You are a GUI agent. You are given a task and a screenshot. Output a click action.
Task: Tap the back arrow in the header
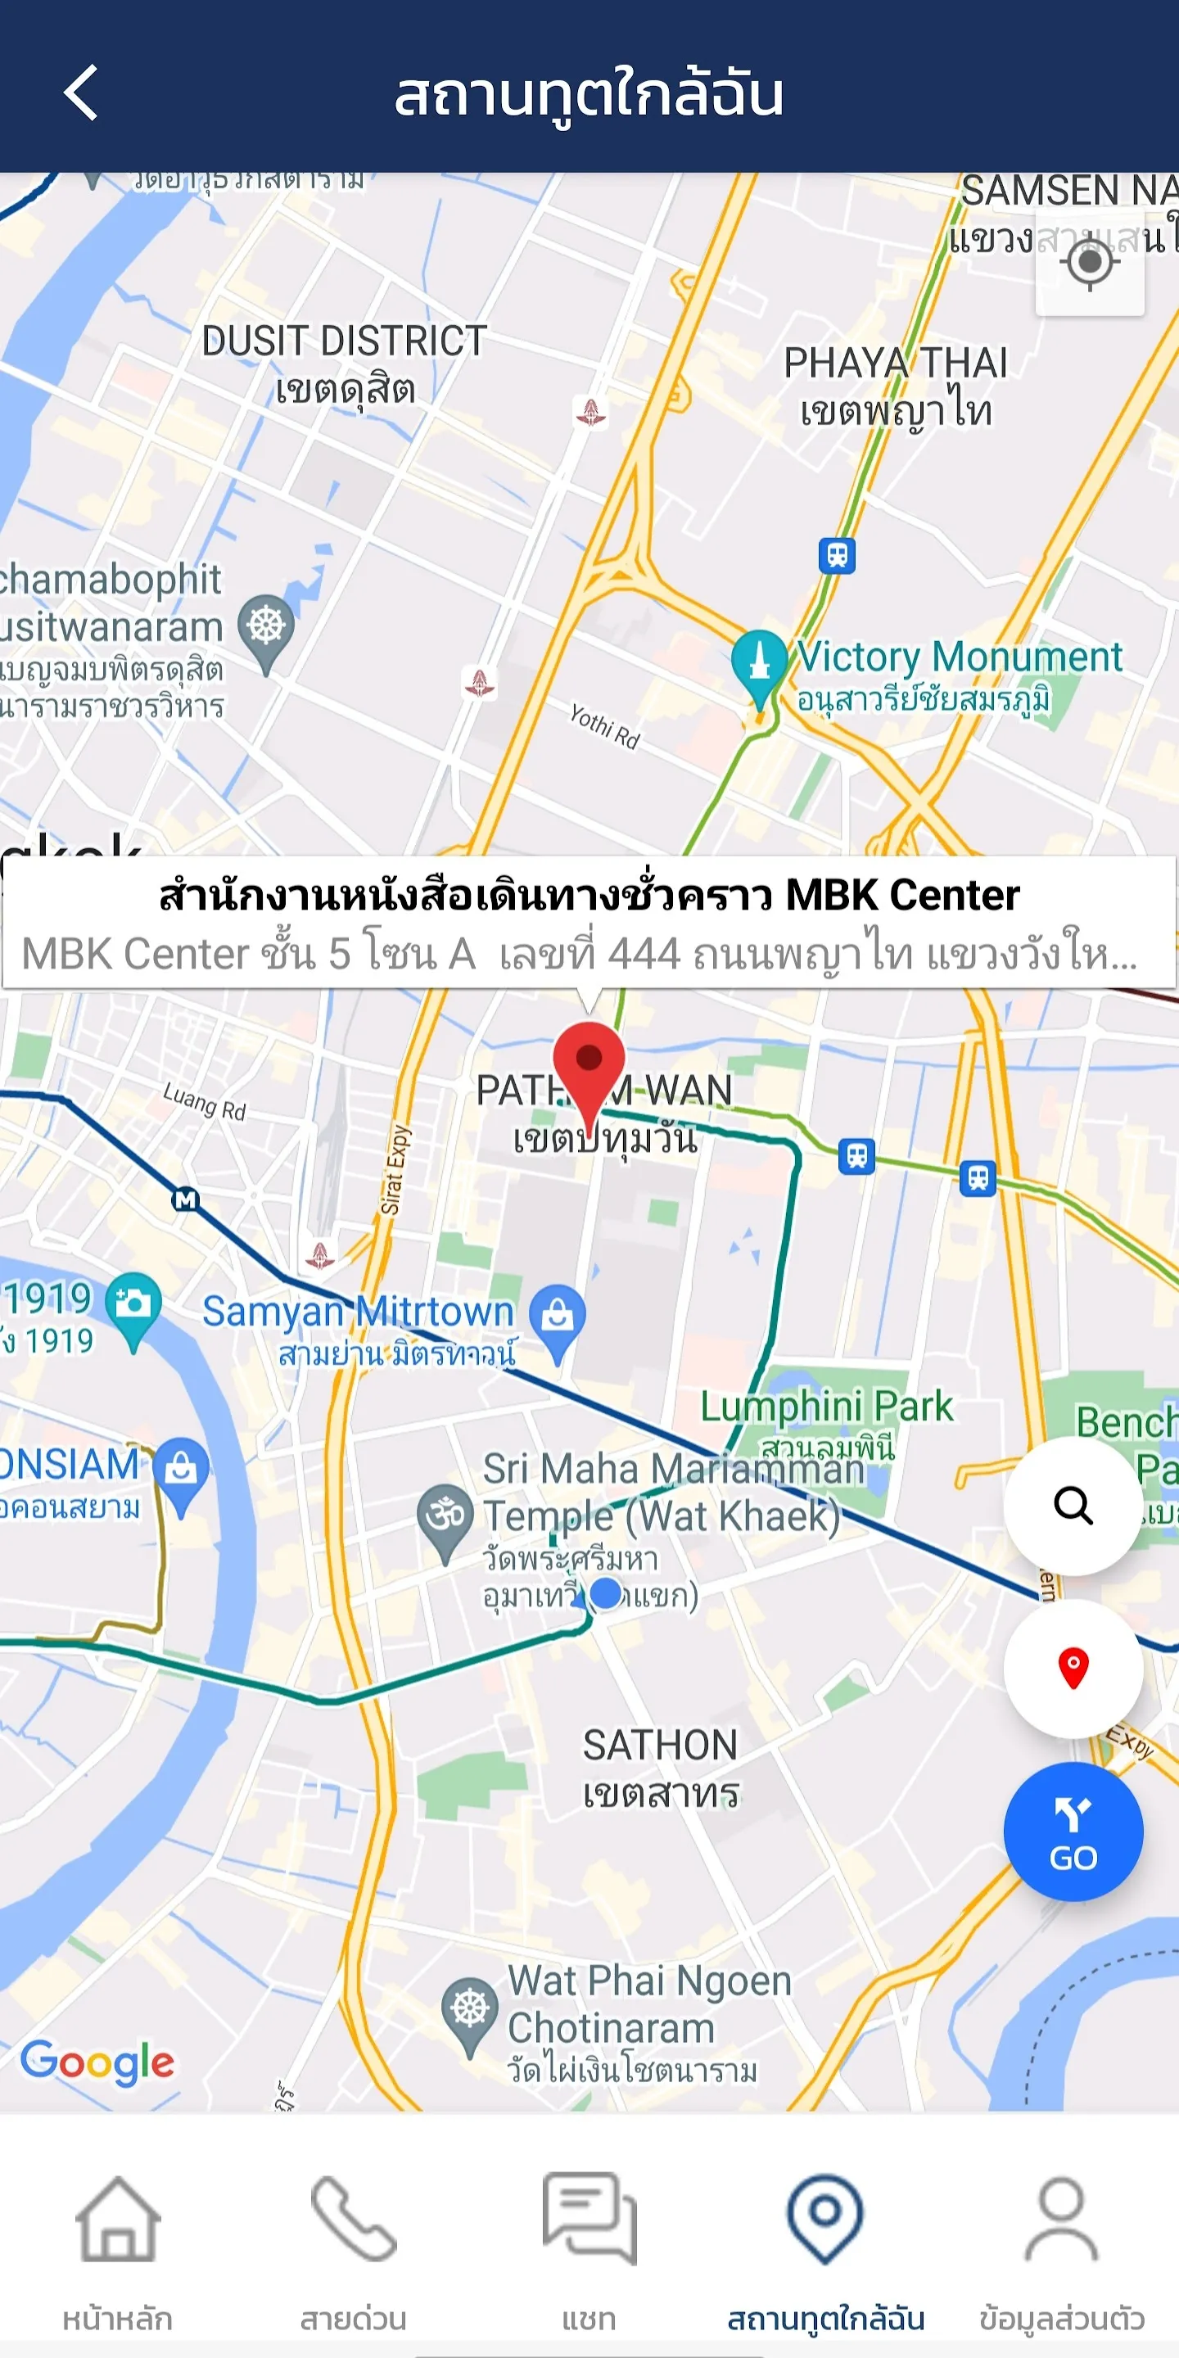pos(80,93)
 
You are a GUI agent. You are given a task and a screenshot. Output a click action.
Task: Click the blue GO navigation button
pos(1073,1832)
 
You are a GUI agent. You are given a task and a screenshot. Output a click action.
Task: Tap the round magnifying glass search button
pos(1073,1505)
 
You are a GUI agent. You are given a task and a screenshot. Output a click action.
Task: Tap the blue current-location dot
pos(606,1592)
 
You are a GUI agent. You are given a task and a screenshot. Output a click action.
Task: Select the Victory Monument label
pos(959,657)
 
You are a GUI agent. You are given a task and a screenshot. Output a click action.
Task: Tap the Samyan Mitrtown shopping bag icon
pos(558,1316)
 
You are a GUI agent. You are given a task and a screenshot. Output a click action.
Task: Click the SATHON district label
pos(660,1746)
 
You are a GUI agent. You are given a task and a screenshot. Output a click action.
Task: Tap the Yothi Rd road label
pos(604,726)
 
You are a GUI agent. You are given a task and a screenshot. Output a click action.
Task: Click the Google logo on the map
pos(97,2062)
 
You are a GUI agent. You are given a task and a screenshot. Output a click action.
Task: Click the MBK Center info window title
pos(589,895)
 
